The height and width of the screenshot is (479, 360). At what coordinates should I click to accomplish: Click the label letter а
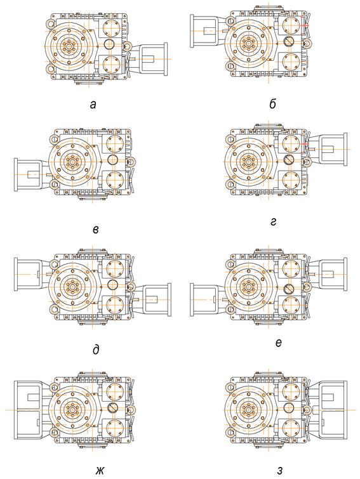93,105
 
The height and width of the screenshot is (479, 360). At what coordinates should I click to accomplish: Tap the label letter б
273,104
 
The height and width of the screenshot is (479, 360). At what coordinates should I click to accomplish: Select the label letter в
96,230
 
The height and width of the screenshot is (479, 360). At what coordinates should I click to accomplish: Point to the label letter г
274,222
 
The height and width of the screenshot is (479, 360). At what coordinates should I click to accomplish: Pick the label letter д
96,349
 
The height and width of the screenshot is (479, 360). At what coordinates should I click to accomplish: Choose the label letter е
278,343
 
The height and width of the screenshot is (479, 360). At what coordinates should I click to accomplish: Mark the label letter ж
100,471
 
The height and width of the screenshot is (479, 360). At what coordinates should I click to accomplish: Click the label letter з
280,471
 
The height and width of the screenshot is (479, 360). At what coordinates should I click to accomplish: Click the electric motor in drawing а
150,59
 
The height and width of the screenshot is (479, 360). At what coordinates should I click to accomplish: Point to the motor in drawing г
330,149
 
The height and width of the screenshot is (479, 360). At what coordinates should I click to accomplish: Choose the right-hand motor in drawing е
330,274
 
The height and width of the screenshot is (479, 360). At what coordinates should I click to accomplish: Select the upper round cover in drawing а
110,27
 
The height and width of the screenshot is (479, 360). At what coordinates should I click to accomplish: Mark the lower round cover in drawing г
291,180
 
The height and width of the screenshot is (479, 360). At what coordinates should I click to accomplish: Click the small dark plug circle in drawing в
113,160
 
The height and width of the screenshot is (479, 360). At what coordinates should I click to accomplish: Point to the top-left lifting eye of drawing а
50,23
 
